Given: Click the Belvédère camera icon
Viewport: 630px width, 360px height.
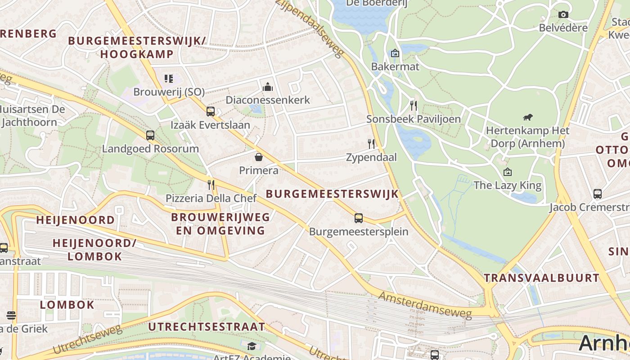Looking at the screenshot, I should (563, 15).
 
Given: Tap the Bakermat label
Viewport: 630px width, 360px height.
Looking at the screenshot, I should (395, 67).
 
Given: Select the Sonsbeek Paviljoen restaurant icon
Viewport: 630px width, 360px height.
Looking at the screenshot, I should (414, 106).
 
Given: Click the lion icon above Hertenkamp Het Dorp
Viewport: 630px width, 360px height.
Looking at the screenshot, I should (527, 117).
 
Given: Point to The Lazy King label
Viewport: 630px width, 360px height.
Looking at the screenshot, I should (507, 185).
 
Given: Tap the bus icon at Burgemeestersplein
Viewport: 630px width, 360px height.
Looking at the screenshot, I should (358, 218).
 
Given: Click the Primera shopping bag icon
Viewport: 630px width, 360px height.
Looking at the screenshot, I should (259, 157).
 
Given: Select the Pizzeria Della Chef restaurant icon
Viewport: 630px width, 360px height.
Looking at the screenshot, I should (211, 184).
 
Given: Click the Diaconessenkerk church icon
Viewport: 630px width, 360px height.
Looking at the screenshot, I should (268, 86).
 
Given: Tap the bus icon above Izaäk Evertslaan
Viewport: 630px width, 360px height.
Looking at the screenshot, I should (210, 112).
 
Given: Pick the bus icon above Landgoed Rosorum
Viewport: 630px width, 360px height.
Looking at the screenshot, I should (150, 135).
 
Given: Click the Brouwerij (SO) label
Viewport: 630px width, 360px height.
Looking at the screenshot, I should (169, 92).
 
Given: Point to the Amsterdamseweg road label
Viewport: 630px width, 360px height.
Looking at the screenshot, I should (425, 306).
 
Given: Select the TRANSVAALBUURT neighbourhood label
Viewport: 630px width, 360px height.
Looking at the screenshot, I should (542, 278).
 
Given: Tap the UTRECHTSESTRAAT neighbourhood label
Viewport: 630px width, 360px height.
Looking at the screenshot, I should (207, 327).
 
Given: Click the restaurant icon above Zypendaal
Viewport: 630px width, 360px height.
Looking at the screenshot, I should (371, 144).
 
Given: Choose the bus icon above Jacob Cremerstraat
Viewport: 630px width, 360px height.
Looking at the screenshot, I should (597, 194).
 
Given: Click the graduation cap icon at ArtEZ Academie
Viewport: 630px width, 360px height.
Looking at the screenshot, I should (252, 346).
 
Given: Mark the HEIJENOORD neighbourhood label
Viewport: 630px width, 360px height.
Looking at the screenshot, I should (75, 220).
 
